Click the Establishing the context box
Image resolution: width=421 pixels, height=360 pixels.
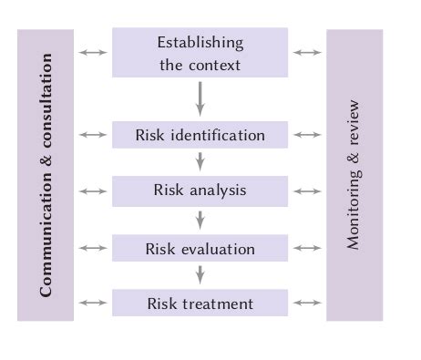point(200,53)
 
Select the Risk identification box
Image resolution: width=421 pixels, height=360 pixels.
point(200,135)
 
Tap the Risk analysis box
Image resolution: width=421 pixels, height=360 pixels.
point(200,191)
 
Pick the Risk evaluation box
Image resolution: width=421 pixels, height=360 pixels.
point(200,248)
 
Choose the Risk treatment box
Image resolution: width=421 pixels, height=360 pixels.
point(200,303)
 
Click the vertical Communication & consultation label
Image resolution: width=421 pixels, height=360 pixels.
point(46,175)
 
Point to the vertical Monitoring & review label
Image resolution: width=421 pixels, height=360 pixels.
point(354,175)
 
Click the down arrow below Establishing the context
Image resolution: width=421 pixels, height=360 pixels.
point(200,98)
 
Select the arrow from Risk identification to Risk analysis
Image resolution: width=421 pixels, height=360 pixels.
point(200,162)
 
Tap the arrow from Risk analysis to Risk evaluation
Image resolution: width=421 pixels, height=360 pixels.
point(200,220)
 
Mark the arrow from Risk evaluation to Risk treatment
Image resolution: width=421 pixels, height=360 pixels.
point(200,275)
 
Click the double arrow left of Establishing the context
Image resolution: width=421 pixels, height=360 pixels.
point(93,53)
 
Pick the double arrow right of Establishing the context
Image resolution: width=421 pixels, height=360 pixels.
point(307,53)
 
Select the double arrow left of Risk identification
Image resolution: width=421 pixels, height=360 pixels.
point(93,135)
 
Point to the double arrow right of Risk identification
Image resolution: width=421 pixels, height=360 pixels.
point(307,135)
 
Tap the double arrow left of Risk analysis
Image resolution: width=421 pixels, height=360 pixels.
point(93,191)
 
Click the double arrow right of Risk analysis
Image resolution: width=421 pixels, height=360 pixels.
point(307,191)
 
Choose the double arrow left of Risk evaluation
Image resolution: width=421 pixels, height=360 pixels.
point(93,248)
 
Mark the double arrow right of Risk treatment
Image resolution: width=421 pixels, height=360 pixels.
point(307,303)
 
